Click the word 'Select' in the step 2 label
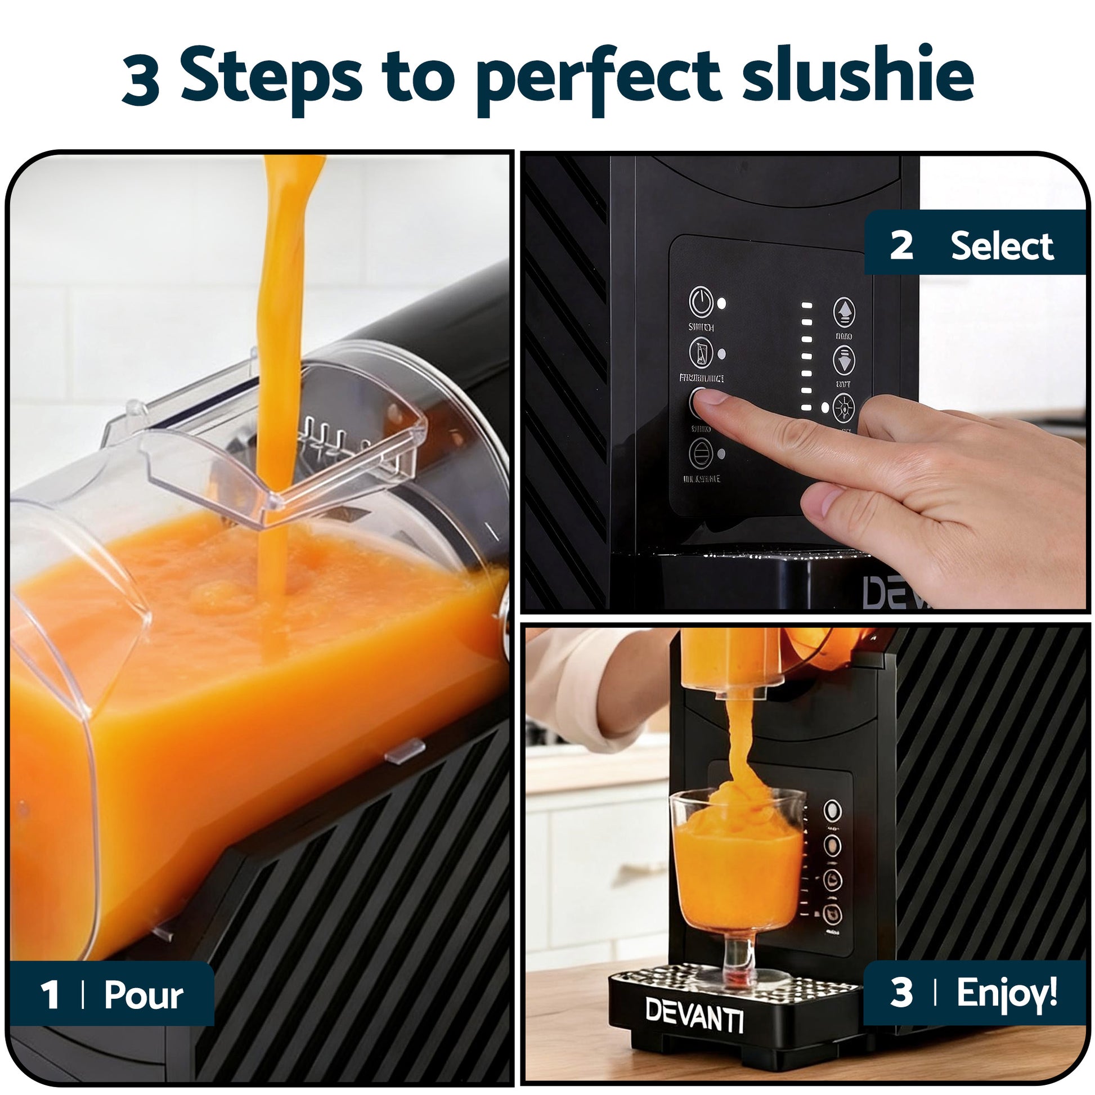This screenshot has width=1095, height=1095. tap(1002, 246)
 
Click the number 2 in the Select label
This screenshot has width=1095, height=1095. tap(901, 245)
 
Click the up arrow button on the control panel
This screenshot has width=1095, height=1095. tap(844, 311)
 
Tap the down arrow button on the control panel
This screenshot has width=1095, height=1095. tap(844, 360)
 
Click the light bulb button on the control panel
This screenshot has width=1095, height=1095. tap(844, 407)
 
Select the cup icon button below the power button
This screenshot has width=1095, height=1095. tap(701, 351)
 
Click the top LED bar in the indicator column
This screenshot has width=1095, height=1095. tap(806, 306)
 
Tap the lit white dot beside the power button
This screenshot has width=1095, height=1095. tap(721, 303)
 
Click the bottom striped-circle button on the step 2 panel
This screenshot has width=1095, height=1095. tap(701, 454)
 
